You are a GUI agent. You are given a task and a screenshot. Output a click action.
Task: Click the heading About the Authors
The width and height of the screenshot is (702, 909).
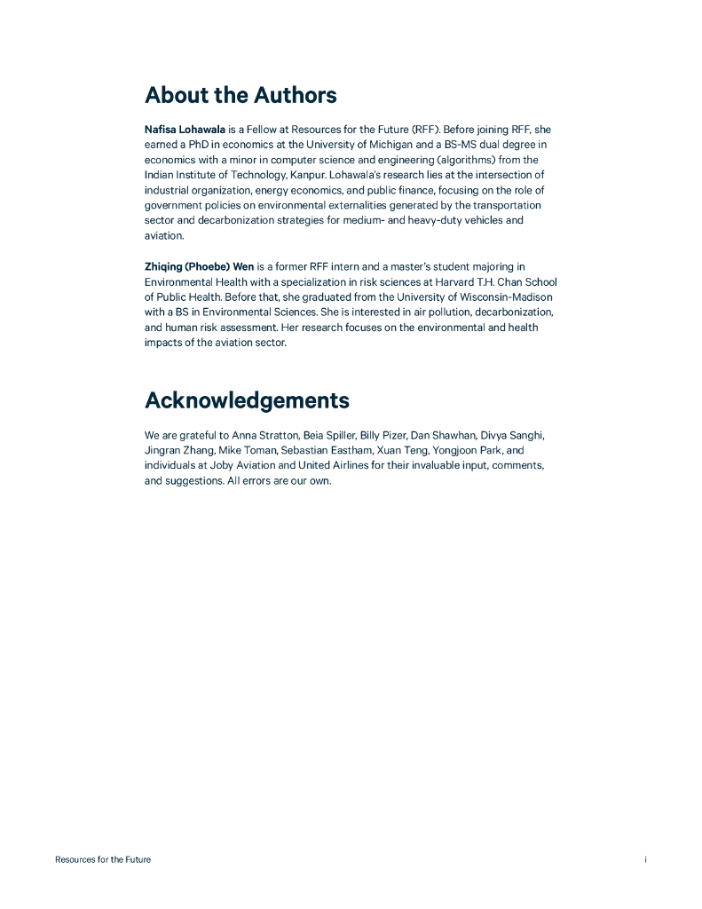pyautogui.click(x=241, y=95)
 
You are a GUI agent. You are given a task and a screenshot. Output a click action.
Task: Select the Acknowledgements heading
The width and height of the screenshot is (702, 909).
pyautogui.click(x=247, y=400)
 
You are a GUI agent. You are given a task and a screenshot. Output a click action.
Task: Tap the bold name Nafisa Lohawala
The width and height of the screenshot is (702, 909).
pyautogui.click(x=185, y=130)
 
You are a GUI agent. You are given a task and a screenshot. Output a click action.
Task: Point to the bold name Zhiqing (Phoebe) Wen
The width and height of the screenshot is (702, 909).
pyautogui.click(x=199, y=266)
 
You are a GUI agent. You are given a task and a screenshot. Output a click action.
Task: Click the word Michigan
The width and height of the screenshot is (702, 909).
pyautogui.click(x=368, y=145)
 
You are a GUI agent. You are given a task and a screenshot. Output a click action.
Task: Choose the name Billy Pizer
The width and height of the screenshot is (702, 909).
pyautogui.click(x=382, y=436)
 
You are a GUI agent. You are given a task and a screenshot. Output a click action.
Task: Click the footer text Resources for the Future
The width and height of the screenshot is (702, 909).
pyautogui.click(x=103, y=859)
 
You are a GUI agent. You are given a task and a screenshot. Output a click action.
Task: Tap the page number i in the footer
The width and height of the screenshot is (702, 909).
pyautogui.click(x=645, y=859)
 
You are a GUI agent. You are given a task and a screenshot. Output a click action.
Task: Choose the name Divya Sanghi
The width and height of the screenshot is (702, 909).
pyautogui.click(x=512, y=436)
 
